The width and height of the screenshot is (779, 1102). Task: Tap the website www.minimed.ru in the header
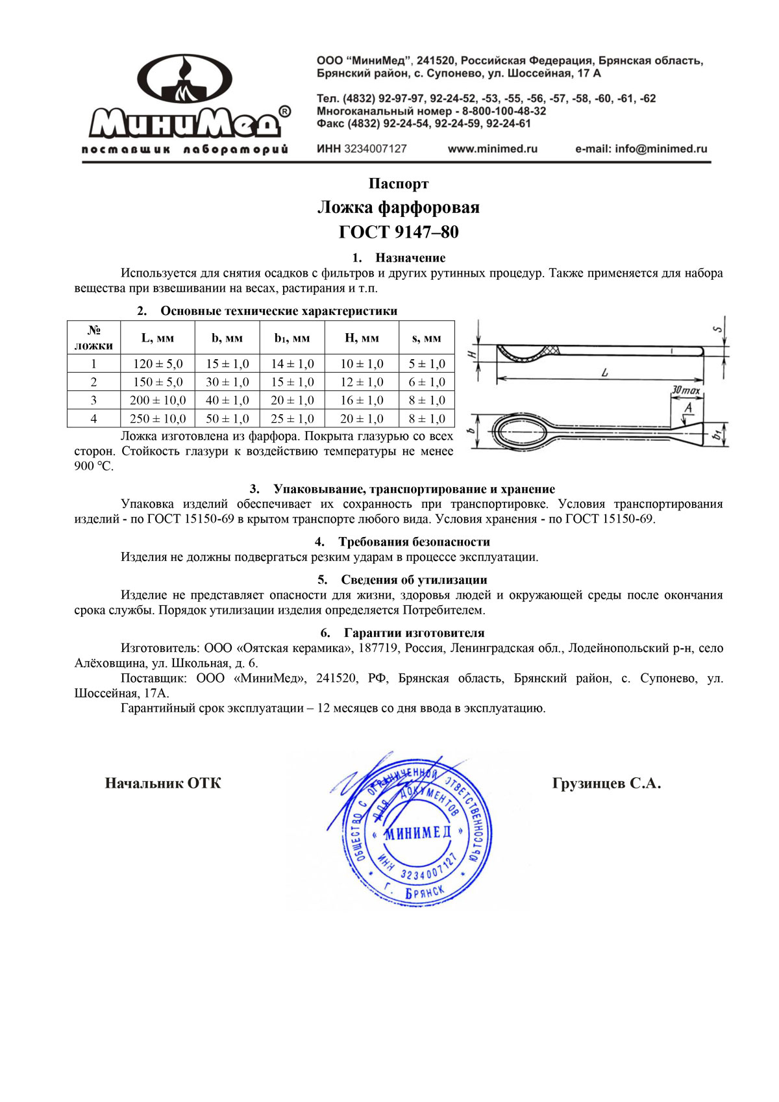(493, 149)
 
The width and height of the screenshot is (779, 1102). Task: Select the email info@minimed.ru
(641, 149)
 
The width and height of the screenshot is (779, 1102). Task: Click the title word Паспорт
(399, 184)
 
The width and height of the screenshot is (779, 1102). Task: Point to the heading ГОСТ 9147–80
(399, 232)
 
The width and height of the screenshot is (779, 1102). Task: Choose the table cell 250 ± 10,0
(158, 419)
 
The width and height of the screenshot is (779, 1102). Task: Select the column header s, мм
(427, 338)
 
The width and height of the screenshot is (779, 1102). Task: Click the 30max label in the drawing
(686, 391)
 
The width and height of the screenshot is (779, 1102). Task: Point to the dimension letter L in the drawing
(604, 373)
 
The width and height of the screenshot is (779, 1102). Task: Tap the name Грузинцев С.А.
(606, 784)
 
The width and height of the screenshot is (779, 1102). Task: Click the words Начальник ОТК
(163, 784)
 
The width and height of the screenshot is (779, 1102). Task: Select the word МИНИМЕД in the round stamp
(417, 833)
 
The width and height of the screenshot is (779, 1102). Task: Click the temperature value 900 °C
(94, 466)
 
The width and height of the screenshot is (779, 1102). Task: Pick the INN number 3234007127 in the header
(375, 149)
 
